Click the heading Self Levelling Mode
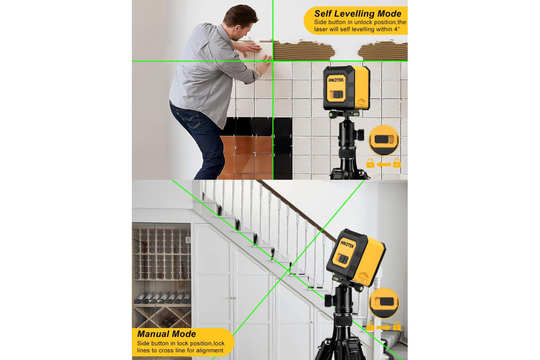[357, 14]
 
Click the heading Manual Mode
[166, 334]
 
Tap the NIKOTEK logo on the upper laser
[335, 80]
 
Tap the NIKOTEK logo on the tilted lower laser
[347, 244]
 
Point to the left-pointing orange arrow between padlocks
[383, 165]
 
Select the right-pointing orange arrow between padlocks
[383, 327]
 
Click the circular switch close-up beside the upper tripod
[384, 140]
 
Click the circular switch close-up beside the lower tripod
[384, 303]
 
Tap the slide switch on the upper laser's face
[337, 94]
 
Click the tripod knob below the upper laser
[360, 134]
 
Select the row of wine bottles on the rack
[162, 298]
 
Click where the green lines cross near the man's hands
[273, 61]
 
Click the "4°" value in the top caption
[397, 29]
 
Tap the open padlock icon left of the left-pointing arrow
[370, 163]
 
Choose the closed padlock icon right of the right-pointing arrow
[397, 326]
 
